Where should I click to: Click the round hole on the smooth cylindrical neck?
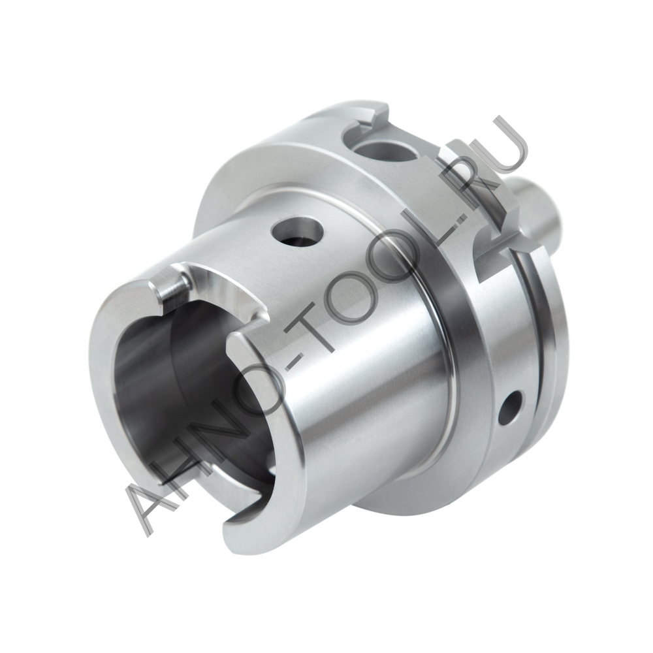(x=298, y=232)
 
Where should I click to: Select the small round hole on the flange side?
(x=511, y=407)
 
